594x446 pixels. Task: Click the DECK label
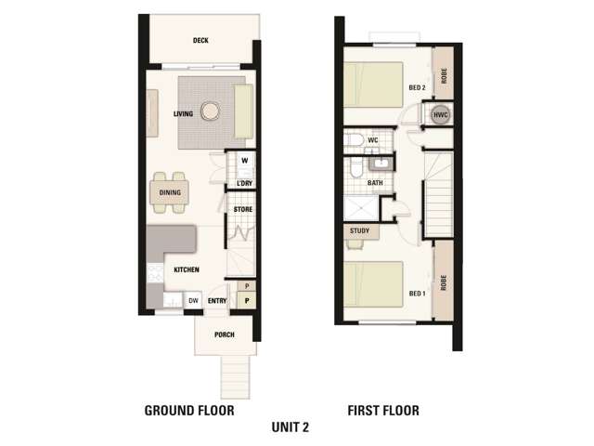point(200,40)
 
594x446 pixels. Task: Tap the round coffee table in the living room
point(210,111)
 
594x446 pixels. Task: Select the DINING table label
point(170,192)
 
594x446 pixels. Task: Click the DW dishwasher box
point(193,301)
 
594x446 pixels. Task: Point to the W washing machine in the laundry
point(245,161)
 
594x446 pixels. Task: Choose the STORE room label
point(243,209)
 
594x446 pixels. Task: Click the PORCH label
point(225,334)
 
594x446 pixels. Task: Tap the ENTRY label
point(217,301)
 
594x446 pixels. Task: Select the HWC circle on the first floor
point(441,115)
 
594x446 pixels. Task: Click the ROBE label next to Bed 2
point(444,75)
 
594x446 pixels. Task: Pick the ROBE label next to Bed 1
point(444,282)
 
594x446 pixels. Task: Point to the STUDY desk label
point(359,230)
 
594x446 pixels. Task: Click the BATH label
point(375,183)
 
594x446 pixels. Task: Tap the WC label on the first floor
point(373,140)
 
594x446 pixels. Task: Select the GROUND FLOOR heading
point(189,411)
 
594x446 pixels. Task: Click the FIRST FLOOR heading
point(383,411)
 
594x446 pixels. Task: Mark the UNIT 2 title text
point(291,427)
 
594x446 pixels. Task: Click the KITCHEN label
point(187,269)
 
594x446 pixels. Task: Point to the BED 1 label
point(417,294)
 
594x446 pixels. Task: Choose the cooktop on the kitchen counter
point(155,272)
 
